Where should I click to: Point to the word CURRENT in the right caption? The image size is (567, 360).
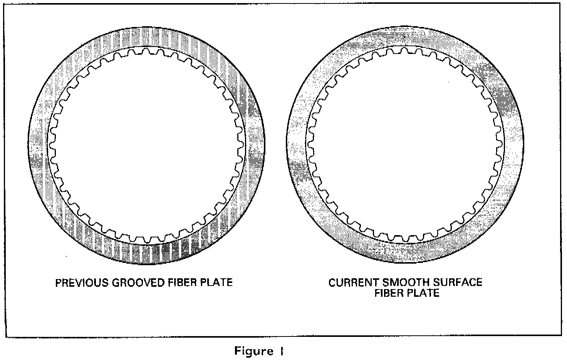352,283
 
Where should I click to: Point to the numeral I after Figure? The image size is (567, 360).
282,351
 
